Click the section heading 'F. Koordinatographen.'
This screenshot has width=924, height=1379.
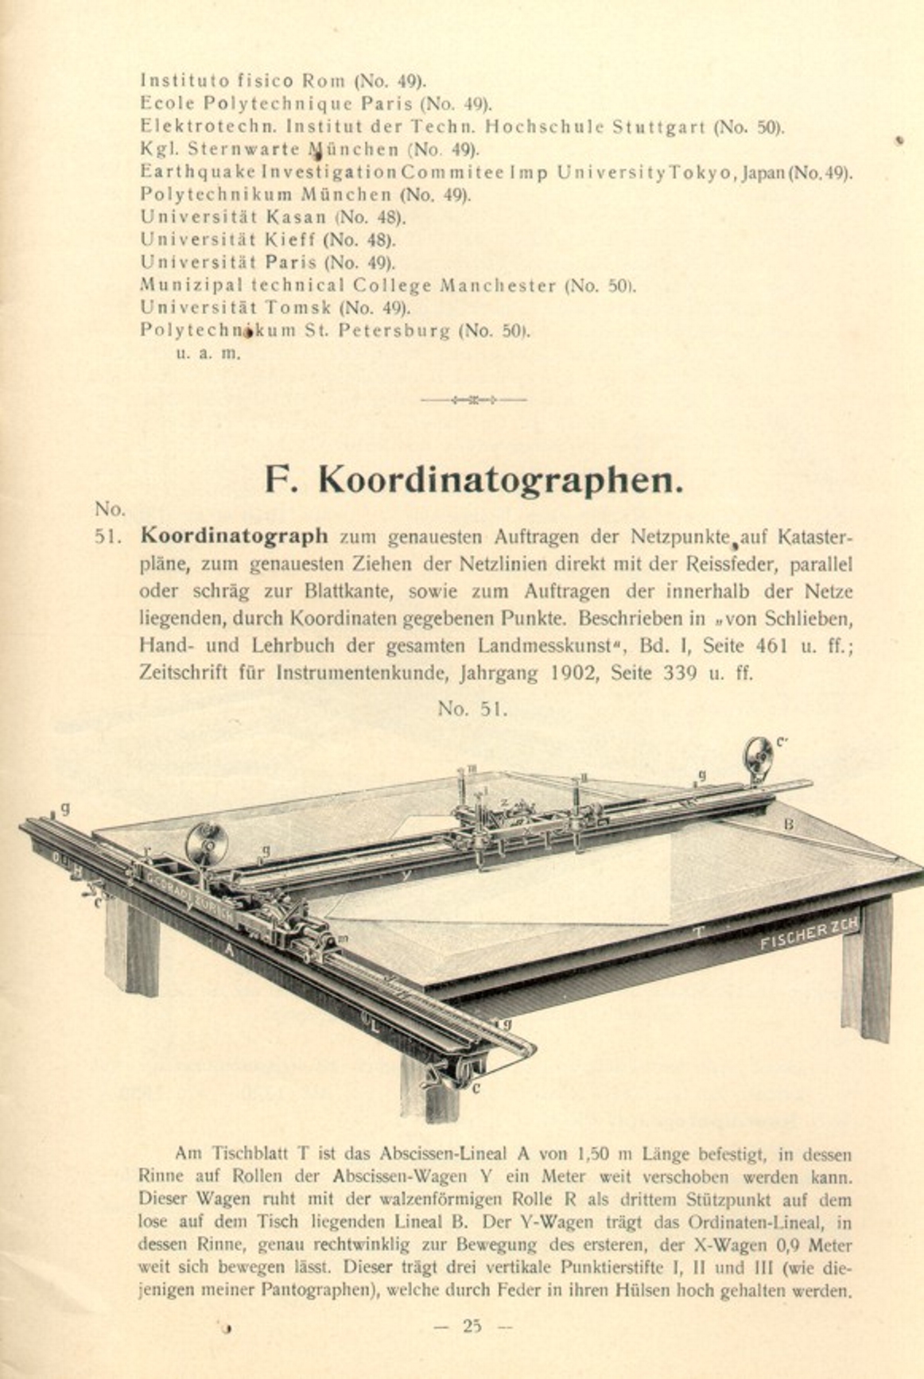[473, 480]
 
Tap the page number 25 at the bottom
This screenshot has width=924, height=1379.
[472, 1326]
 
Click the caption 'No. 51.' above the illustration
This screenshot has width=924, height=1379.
[472, 709]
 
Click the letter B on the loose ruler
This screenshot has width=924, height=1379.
[789, 825]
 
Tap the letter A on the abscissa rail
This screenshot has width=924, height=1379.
[229, 949]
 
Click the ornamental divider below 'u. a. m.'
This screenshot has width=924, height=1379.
[473, 399]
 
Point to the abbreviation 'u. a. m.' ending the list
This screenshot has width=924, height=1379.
[208, 354]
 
